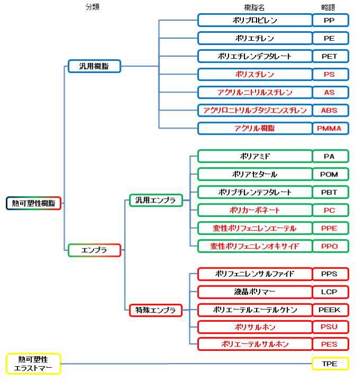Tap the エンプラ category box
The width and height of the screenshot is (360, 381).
tap(95, 250)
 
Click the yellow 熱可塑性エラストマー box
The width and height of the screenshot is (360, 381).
tap(32, 364)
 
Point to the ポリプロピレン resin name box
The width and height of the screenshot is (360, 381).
tap(255, 20)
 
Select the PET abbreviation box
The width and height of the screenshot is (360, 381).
tap(330, 56)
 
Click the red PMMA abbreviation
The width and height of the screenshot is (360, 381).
tap(330, 128)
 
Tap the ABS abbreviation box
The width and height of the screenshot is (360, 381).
tap(330, 110)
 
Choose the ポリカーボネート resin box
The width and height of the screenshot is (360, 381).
tap(255, 210)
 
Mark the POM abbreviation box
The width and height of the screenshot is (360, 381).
tap(330, 174)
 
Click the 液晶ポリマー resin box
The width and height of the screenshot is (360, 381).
tap(255, 292)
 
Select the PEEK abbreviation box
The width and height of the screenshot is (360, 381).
tap(330, 309)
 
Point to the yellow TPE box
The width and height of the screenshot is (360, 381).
tap(330, 364)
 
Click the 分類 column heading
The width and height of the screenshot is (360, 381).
tap(92, 7)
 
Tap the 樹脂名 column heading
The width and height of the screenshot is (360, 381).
tap(254, 7)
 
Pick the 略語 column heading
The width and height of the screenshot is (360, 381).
tap(329, 7)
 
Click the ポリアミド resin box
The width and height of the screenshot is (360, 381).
tap(255, 156)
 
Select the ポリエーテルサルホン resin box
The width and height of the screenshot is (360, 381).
tap(255, 344)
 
